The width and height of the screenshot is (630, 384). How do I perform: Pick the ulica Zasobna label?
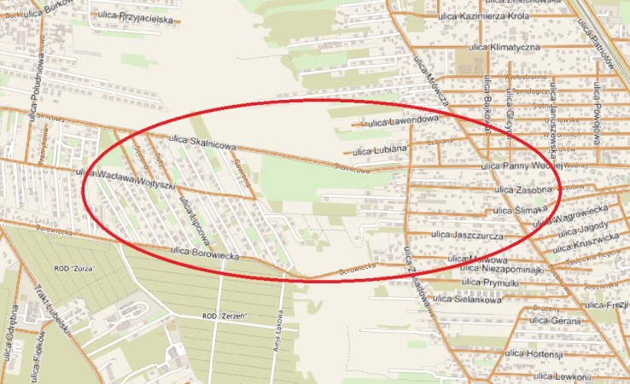[521, 189]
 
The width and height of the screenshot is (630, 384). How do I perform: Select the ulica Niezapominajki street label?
[501, 269]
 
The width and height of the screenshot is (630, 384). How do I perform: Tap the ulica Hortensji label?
[537, 353]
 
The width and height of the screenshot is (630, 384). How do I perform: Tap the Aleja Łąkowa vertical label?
[278, 329]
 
